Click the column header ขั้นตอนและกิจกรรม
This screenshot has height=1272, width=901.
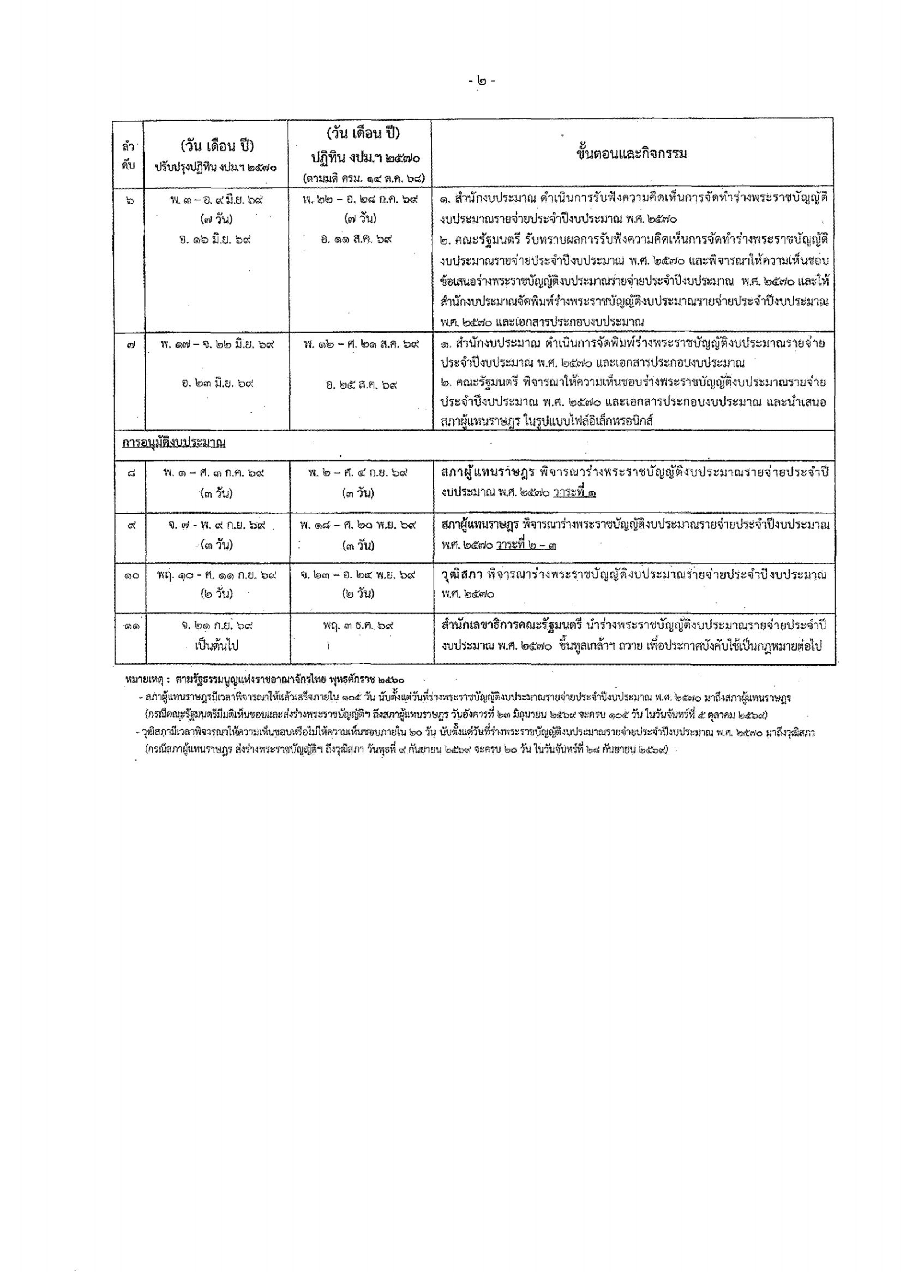pos(632,154)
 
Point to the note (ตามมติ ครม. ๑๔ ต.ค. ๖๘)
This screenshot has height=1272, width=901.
pos(361,179)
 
